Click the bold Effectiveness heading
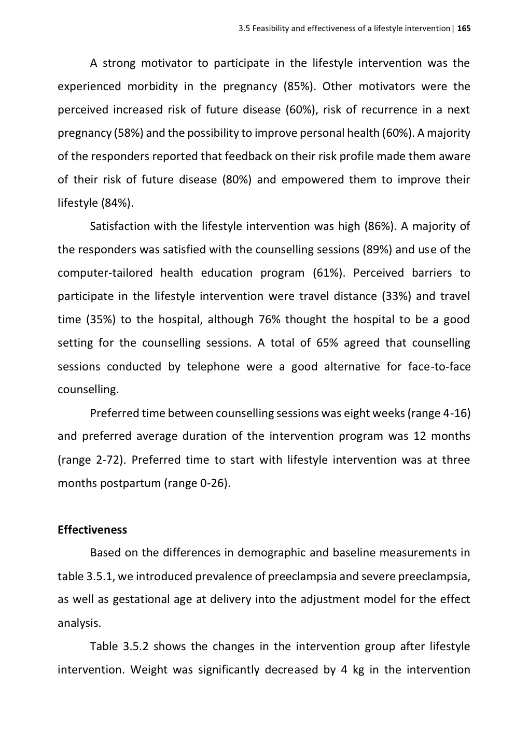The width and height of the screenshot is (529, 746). tap(92, 530)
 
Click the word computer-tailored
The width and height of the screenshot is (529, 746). tap(105, 273)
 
